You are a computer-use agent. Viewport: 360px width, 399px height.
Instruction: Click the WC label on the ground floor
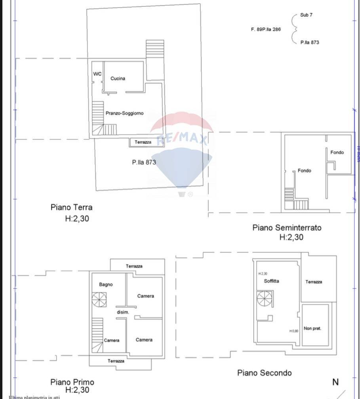(97, 74)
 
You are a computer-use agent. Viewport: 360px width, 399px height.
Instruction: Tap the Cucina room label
(118, 78)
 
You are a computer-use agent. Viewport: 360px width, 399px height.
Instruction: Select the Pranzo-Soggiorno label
(124, 113)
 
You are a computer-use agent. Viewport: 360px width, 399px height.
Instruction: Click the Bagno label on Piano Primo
(106, 284)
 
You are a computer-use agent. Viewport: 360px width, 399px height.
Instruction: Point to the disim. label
(123, 313)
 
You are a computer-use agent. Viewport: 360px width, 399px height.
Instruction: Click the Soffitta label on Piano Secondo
(271, 281)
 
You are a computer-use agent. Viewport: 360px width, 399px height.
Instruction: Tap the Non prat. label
(312, 328)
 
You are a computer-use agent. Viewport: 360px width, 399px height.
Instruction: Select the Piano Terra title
(71, 207)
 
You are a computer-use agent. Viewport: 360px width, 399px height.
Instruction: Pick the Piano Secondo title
(264, 373)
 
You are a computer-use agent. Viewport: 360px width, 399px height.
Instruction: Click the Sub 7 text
(306, 15)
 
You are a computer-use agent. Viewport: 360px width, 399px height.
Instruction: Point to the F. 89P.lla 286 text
(266, 29)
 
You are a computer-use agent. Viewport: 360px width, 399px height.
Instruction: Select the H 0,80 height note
(293, 331)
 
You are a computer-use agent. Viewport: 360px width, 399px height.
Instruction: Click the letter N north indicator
(335, 382)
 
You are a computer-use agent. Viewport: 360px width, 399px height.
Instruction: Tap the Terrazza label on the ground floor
(143, 142)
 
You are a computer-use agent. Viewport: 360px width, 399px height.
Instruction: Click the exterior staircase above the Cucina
(155, 50)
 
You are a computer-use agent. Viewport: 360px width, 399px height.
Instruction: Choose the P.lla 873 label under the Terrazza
(144, 162)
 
